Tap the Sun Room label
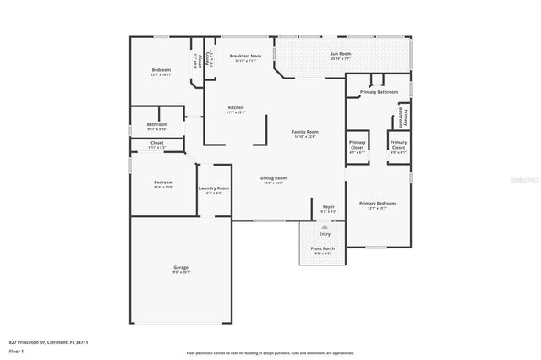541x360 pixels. coord(340,53)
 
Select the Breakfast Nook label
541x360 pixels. coord(245,56)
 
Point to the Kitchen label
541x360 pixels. coord(236,107)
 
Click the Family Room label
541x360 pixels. coord(305,133)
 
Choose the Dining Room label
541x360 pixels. coord(273,178)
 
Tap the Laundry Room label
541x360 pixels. coord(214,188)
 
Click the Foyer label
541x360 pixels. coord(328,206)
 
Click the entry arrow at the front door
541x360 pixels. coord(325,226)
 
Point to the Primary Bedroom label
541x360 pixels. coord(377,204)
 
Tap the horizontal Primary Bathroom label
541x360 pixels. coord(379,91)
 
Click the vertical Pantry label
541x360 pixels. coord(208,58)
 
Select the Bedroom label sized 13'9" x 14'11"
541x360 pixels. coord(161,69)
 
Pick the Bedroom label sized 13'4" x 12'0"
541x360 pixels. coord(163,183)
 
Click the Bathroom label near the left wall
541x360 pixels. coord(157,124)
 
